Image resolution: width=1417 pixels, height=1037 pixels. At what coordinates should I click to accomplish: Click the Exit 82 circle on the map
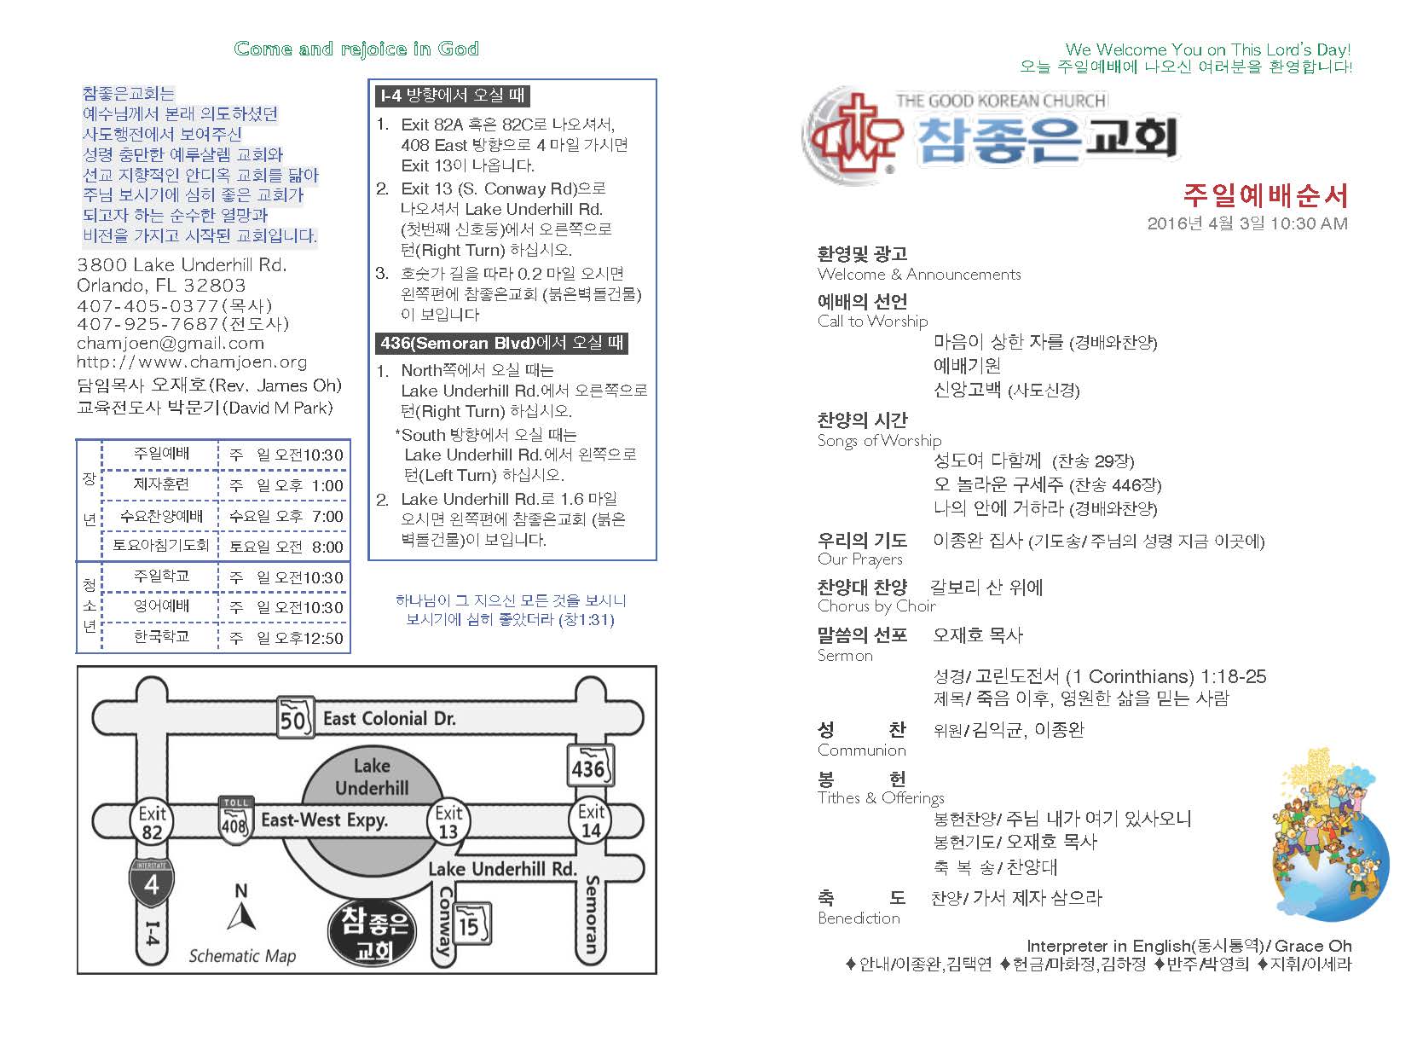click(x=152, y=822)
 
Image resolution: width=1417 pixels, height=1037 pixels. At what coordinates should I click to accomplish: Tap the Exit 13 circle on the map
click(x=448, y=822)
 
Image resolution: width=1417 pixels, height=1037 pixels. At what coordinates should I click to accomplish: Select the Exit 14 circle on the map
click(x=591, y=820)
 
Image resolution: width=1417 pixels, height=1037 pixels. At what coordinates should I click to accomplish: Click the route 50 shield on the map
click(x=293, y=719)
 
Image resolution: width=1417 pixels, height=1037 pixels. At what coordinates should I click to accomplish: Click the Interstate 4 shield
click(x=151, y=883)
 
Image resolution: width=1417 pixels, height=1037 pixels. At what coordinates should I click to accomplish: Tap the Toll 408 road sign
click(x=234, y=819)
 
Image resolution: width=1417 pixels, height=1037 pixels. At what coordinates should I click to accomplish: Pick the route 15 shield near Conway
click(x=470, y=924)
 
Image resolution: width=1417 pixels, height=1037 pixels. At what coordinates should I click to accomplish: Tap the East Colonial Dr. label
click(x=389, y=719)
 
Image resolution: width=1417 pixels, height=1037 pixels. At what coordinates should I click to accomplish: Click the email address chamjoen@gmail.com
click(x=171, y=344)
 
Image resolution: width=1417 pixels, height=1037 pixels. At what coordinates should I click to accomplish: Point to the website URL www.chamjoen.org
click(x=192, y=362)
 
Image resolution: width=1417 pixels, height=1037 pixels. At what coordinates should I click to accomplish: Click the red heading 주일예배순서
click(x=1264, y=196)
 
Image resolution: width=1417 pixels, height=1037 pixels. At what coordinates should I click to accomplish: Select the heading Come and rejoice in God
click(x=356, y=49)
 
